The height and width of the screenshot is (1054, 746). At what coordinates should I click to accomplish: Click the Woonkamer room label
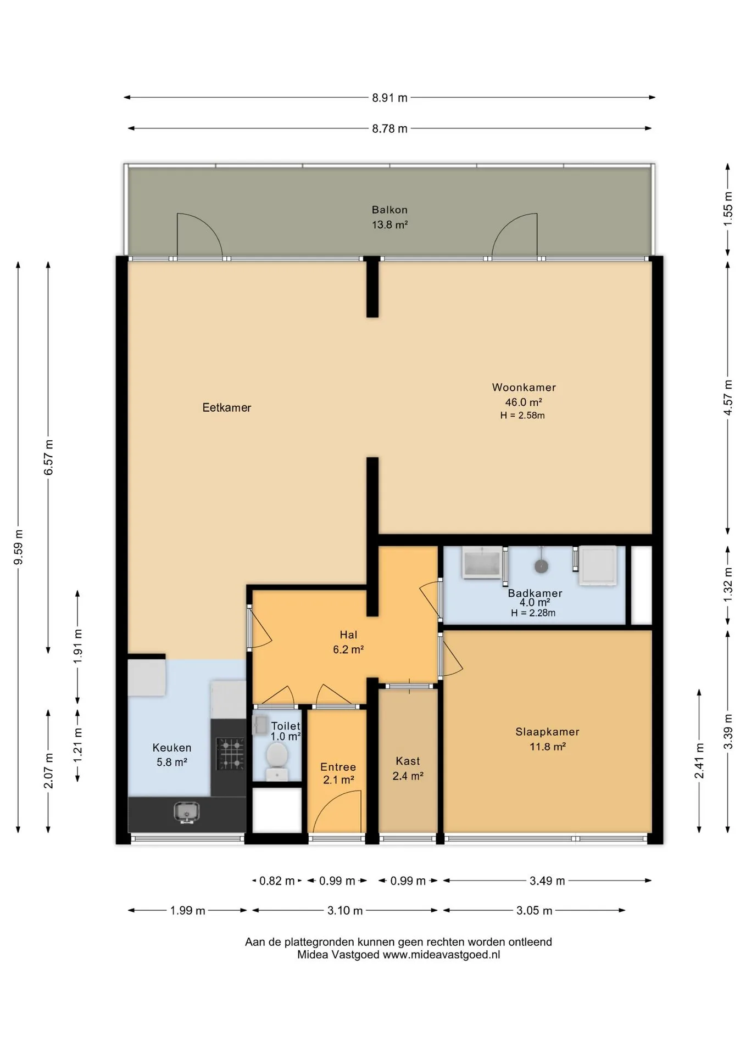point(524,388)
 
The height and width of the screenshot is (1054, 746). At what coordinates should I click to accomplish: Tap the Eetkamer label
point(226,408)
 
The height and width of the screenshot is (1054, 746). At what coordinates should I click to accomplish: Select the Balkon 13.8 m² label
point(389,217)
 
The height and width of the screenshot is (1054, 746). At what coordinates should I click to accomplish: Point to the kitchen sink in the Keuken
point(187,812)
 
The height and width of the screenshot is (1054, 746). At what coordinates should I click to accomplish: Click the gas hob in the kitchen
point(231,754)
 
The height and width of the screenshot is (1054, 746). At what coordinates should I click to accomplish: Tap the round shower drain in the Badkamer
point(541,566)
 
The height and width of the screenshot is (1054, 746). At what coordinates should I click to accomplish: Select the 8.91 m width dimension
point(389,98)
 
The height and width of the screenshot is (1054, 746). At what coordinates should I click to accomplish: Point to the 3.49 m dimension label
point(547,881)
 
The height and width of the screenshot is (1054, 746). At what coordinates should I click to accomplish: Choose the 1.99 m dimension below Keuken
point(187,911)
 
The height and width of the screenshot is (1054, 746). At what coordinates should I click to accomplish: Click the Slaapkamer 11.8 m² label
point(547,739)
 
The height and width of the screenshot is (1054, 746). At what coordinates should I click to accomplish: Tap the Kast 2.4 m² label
point(408,769)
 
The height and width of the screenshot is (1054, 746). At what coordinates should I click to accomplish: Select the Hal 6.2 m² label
point(348,642)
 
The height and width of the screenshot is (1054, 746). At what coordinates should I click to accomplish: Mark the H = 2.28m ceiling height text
point(533,613)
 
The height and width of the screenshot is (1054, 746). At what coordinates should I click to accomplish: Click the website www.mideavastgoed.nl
point(441,955)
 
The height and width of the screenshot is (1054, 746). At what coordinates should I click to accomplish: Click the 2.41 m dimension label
point(699,761)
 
